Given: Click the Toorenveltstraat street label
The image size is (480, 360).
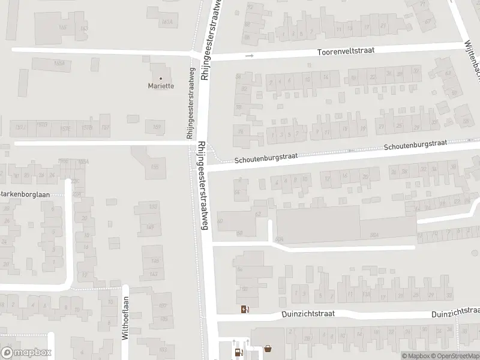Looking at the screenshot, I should click(346, 52).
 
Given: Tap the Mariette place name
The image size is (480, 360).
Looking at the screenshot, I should click(161, 86).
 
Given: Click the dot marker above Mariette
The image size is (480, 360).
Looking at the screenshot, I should click(161, 78).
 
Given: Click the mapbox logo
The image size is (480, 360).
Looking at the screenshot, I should click(26, 353).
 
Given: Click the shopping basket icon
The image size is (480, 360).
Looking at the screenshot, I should click(268, 347).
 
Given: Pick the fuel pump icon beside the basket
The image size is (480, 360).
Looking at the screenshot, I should click(239, 352).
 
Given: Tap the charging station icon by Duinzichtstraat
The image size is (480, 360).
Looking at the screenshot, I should click(244, 309).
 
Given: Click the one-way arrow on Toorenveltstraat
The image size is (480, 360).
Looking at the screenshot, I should click(250, 56).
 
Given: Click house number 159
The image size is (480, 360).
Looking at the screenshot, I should click(157, 127).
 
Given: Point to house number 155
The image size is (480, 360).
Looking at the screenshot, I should click(155, 167).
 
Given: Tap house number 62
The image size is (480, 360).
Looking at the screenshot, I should click(259, 214).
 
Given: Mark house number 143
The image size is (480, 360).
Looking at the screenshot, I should click(154, 274).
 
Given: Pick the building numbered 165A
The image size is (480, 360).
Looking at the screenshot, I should click(59, 63).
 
